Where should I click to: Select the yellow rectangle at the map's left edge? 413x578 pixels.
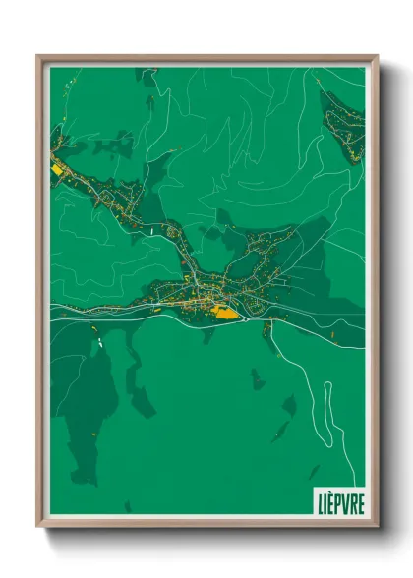tap(55, 168)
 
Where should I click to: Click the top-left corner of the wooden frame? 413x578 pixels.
tap(38, 57)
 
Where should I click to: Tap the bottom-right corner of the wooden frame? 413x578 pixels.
tap(377, 525)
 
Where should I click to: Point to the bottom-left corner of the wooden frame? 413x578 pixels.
tap(38, 525)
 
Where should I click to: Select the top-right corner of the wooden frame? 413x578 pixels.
tap(377, 57)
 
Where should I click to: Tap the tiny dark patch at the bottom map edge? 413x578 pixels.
tap(128, 507)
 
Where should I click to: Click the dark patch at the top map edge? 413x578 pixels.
tap(147, 75)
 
